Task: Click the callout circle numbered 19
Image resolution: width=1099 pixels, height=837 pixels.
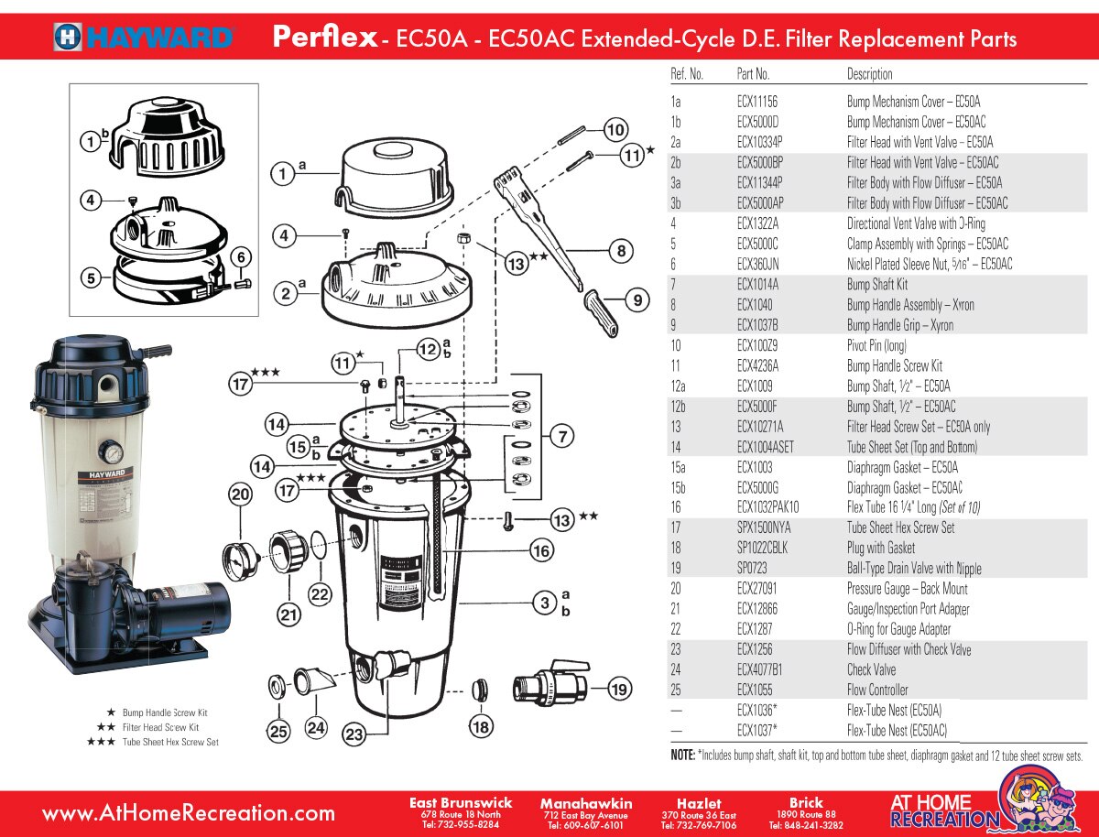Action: [620, 690]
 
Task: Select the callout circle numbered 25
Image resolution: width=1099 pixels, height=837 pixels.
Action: [277, 730]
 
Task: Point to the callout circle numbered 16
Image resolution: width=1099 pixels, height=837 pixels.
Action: [541, 550]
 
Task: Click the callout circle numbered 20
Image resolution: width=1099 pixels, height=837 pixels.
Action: [240, 495]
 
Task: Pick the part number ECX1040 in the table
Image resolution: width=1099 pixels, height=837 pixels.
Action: [756, 305]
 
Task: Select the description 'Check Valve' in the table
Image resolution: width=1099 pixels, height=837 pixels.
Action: [871, 669]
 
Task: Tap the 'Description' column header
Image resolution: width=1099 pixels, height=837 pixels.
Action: [869, 74]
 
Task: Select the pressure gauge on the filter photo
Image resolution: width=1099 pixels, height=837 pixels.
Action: [112, 452]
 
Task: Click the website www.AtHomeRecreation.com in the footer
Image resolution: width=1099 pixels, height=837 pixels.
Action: [189, 812]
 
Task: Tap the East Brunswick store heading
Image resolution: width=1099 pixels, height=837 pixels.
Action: [461, 803]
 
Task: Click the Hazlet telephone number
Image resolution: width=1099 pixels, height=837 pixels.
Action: [699, 824]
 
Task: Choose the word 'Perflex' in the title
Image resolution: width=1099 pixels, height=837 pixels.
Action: [325, 38]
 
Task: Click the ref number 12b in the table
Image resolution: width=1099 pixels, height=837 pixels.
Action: [680, 407]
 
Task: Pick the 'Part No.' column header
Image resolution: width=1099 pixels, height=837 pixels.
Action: [753, 74]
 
